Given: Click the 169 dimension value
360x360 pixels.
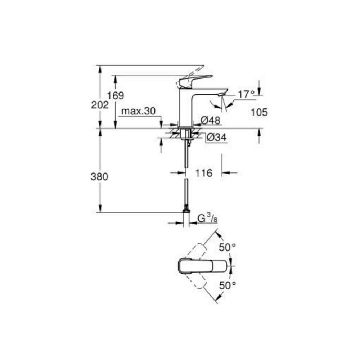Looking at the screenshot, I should click(116, 96).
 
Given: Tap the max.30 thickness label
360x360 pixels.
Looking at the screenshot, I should click(138, 111).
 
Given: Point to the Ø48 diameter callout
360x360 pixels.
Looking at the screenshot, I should click(210, 120).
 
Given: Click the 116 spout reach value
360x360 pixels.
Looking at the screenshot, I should click(204, 173).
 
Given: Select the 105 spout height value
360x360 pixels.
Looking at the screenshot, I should click(259, 112).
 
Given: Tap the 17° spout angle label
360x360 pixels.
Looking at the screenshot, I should click(246, 94).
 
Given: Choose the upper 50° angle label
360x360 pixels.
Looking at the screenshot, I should click(227, 247).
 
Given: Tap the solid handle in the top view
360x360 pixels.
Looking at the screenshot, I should click(202, 266).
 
